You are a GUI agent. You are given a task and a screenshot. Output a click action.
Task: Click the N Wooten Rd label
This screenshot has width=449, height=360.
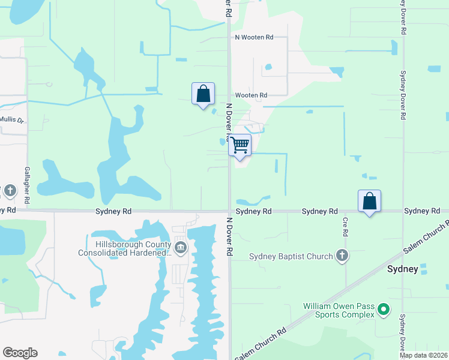click(x=254, y=37)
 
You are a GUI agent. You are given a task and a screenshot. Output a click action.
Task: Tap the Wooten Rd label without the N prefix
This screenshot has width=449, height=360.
click(x=251, y=95)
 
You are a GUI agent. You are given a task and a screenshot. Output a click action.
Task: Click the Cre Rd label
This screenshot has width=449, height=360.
click(x=346, y=226)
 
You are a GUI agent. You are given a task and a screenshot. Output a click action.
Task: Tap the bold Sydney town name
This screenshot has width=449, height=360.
click(x=403, y=269)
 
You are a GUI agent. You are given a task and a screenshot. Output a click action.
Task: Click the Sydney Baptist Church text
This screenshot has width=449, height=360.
click(x=291, y=257)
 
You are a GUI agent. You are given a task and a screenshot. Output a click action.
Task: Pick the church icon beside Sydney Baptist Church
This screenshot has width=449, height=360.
click(x=342, y=256)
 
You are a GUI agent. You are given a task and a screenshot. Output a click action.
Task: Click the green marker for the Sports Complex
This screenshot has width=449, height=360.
click(x=383, y=311)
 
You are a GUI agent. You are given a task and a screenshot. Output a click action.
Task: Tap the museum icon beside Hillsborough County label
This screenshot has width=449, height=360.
click(x=180, y=248)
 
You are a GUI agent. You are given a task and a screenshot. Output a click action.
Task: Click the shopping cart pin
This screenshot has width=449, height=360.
click(x=240, y=145)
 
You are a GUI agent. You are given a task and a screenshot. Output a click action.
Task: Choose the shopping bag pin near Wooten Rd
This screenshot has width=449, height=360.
click(x=203, y=94)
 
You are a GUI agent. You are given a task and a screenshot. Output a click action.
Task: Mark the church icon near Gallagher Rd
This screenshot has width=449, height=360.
click(x=10, y=191)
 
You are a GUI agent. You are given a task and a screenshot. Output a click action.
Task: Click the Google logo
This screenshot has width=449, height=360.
click(x=20, y=353)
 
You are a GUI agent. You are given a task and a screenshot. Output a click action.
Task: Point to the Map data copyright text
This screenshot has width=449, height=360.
click(x=423, y=355)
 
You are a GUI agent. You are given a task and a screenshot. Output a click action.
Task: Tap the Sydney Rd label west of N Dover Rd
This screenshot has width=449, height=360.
click(x=113, y=211)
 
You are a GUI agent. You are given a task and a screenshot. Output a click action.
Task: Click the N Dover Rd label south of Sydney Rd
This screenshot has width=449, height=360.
click(x=229, y=236)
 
